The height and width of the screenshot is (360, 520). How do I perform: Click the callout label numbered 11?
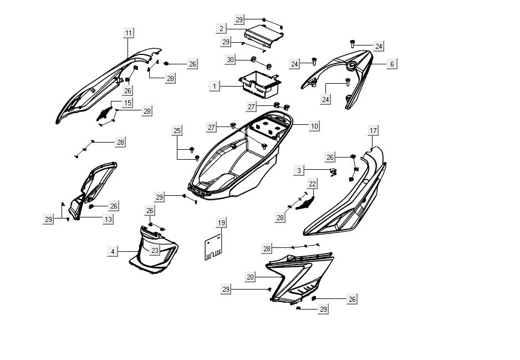click(128, 33)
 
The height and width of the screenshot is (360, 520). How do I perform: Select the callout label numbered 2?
click(222, 28)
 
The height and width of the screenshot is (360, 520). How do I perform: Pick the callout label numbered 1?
click(215, 87)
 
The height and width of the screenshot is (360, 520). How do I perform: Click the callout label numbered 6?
click(392, 64)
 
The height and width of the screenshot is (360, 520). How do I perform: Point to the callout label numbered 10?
click(314, 126)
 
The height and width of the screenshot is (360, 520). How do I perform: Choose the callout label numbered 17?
click(373, 131)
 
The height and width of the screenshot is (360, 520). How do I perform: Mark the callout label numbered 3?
click(299, 171)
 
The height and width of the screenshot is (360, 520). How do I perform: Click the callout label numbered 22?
click(313, 184)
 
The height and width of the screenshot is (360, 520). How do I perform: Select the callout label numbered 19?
click(221, 223)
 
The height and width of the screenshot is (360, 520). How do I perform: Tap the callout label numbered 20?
click(250, 277)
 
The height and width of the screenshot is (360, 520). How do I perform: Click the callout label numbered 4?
click(113, 251)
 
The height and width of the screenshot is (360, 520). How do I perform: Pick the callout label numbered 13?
click(108, 220)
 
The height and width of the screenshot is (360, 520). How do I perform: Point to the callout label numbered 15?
click(128, 103)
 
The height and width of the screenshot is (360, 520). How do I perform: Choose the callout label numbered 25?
click(177, 131)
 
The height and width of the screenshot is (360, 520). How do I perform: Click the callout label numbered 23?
click(155, 251)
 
